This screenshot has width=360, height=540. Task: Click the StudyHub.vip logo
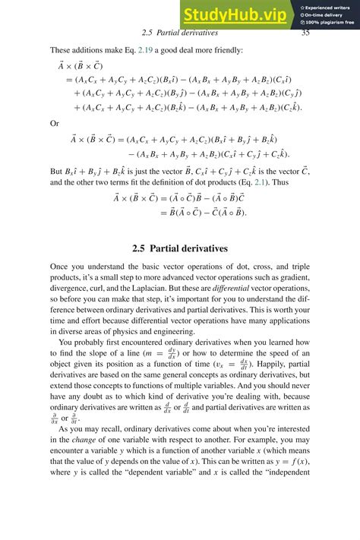point(234,14)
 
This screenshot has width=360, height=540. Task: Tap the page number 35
point(305,33)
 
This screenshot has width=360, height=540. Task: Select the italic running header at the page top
point(180,33)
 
